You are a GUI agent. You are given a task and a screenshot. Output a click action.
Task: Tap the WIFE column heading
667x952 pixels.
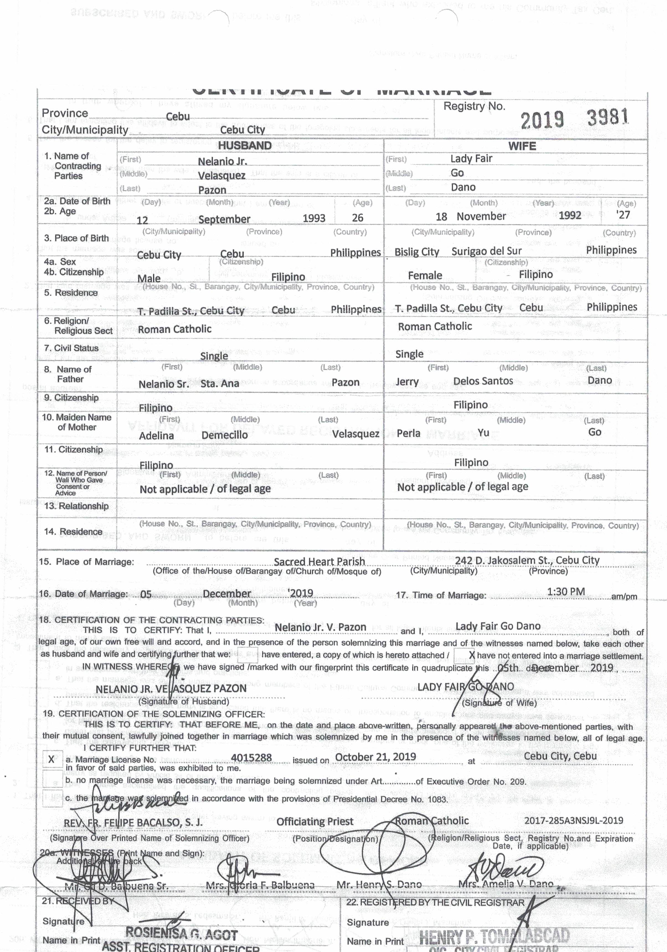522,146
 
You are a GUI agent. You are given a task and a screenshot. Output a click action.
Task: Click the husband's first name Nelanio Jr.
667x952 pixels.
222,161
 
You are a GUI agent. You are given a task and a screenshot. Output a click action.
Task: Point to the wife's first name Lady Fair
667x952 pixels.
471,158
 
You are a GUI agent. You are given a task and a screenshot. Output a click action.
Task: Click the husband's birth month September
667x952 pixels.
224,219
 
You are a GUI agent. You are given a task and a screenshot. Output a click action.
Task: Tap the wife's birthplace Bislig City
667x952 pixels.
417,252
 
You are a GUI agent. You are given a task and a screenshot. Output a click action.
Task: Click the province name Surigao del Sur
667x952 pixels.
486,251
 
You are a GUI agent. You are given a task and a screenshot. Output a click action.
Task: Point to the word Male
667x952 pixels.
149,278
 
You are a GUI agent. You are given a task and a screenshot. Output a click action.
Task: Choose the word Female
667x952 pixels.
425,276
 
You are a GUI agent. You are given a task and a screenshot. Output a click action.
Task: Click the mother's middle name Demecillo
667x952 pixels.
224,435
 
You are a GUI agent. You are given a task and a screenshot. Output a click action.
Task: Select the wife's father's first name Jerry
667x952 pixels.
407,382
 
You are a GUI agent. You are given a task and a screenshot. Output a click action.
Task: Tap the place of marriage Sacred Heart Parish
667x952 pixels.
319,561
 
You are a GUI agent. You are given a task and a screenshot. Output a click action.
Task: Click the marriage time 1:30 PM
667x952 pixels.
566,592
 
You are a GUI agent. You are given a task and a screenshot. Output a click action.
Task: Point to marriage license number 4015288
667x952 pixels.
251,758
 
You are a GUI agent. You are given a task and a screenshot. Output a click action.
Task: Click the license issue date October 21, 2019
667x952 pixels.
375,757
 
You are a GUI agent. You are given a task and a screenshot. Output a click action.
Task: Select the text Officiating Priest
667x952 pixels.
315,821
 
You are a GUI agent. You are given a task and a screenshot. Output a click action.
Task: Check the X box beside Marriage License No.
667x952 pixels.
51,759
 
